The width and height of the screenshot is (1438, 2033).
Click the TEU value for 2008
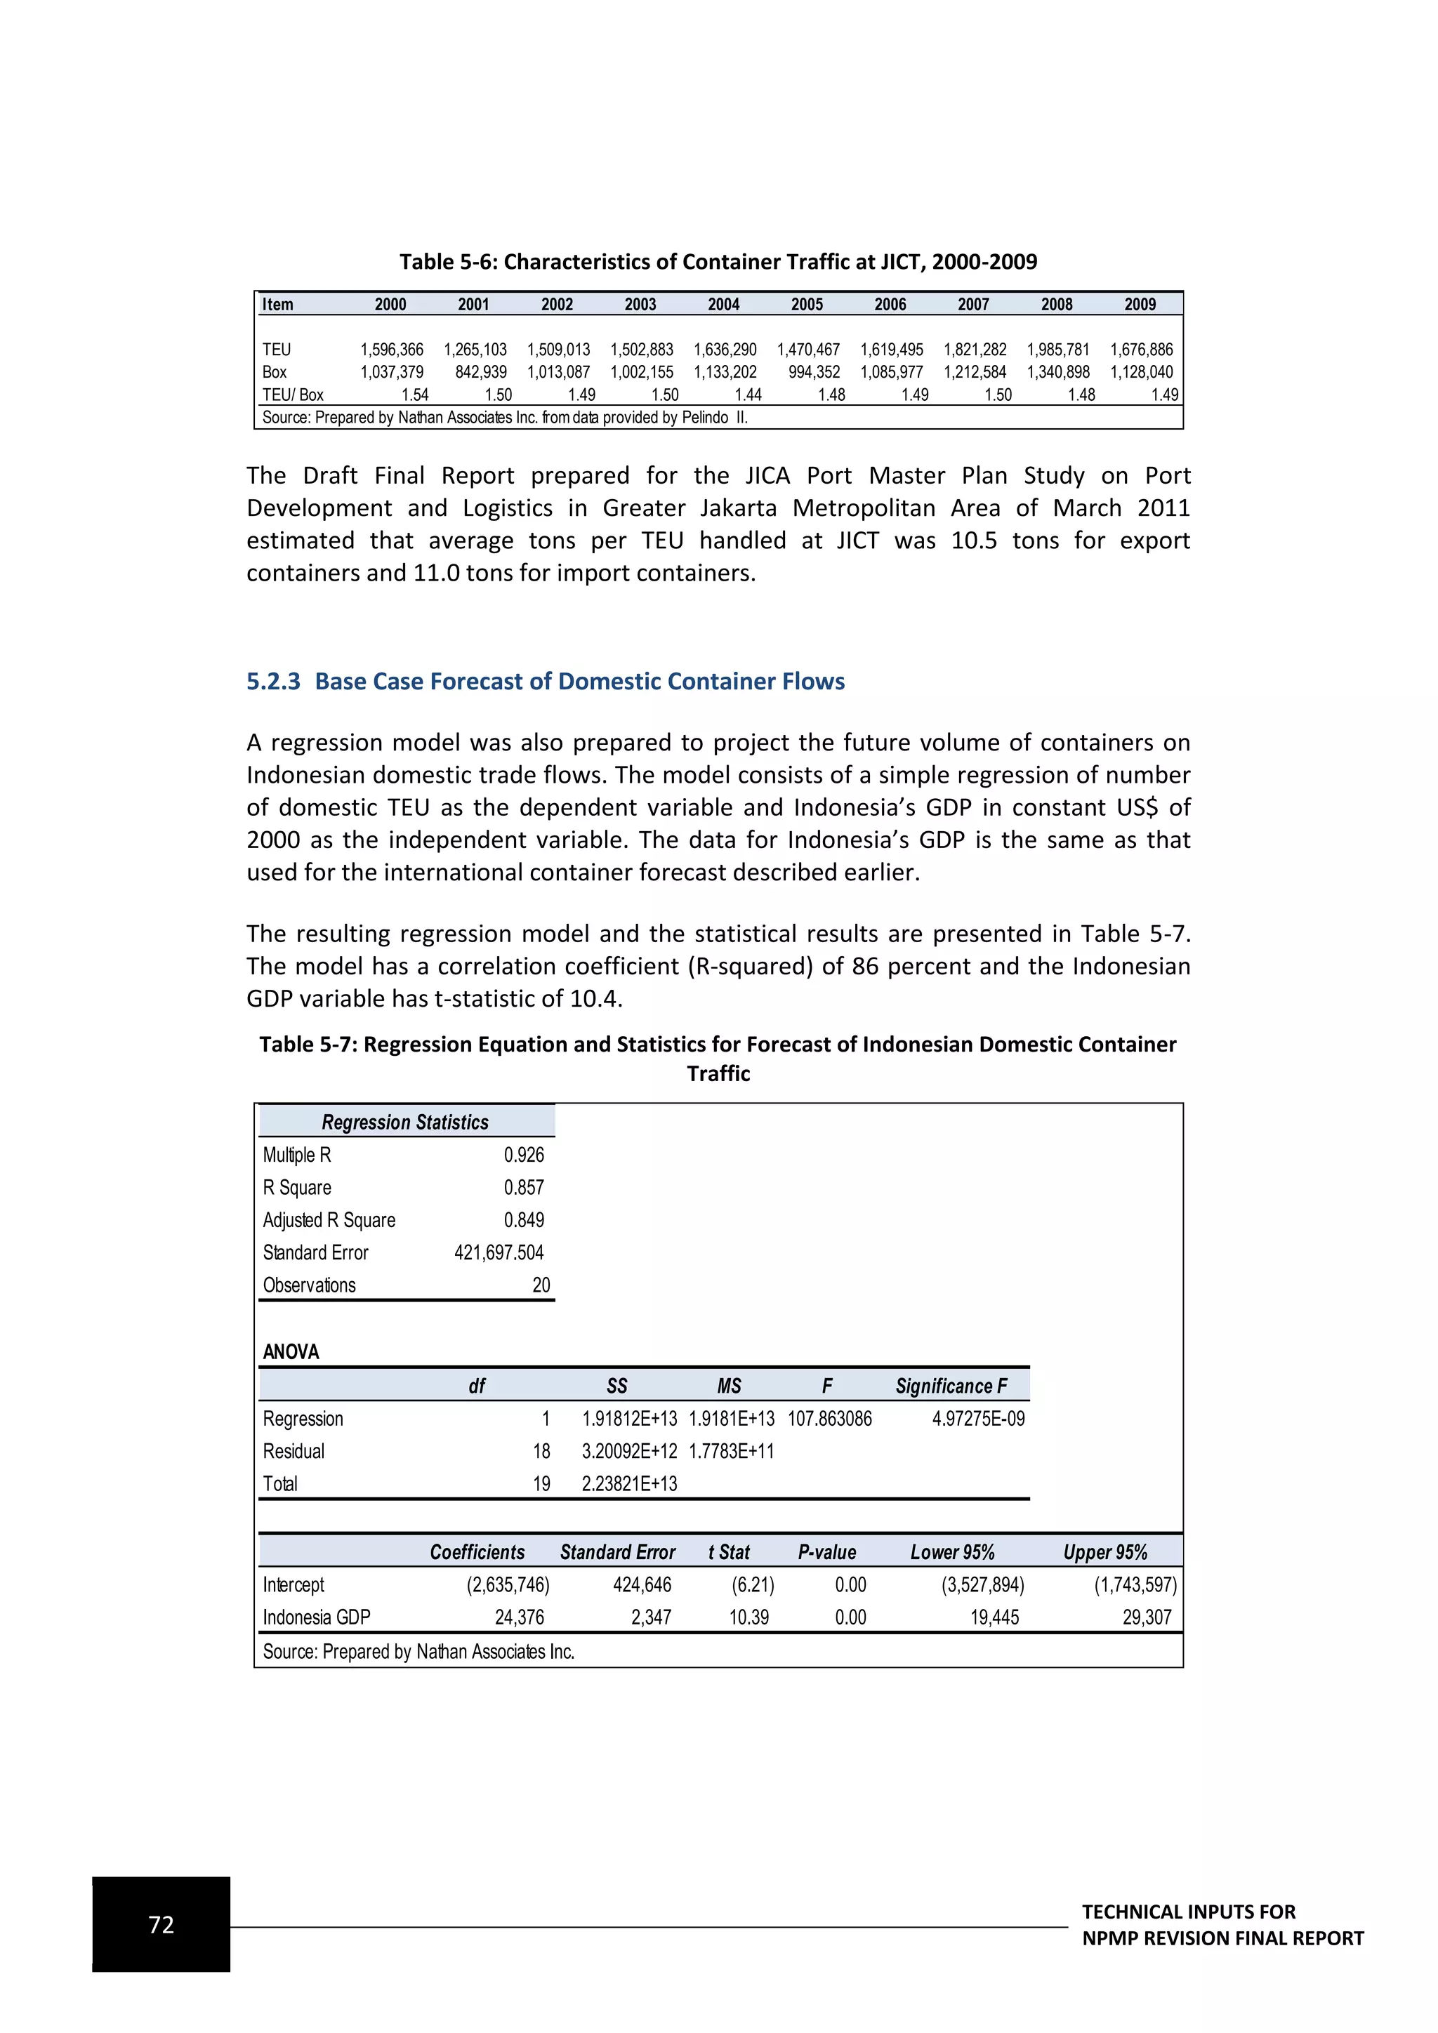pyautogui.click(x=1058, y=350)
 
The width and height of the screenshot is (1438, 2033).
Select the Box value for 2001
pyautogui.click(x=481, y=372)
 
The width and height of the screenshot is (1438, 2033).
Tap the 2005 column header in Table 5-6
pyautogui.click(x=807, y=305)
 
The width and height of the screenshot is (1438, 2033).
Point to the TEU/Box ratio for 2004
pyautogui.click(x=748, y=395)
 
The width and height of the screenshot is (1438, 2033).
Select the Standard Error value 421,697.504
pyautogui.click(x=499, y=1252)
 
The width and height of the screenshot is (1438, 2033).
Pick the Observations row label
pyautogui.click(x=309, y=1285)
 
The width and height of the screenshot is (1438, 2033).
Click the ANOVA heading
pyautogui.click(x=291, y=1351)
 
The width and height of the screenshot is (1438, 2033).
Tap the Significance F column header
pyautogui.click(x=951, y=1386)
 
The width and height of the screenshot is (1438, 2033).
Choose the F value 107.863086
pyautogui.click(x=830, y=1419)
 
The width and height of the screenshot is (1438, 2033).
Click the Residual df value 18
pyautogui.click(x=541, y=1451)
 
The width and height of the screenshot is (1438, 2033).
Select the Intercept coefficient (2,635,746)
pyautogui.click(x=508, y=1584)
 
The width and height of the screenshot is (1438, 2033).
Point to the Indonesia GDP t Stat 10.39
pyautogui.click(x=748, y=1617)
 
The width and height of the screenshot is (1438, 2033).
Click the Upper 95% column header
pyautogui.click(x=1105, y=1552)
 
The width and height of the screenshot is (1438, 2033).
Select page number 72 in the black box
pyautogui.click(x=161, y=1924)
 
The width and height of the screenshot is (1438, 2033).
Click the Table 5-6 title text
pyautogui.click(x=718, y=261)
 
